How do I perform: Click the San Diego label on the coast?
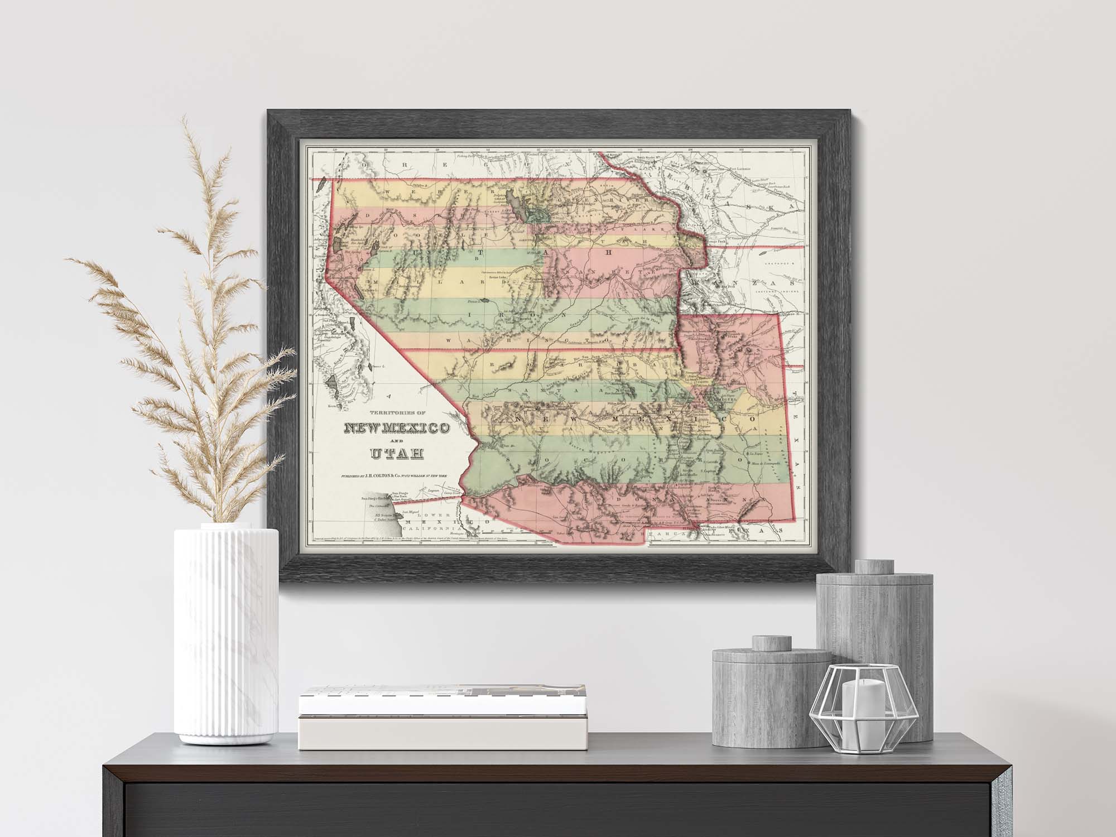[400, 493]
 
